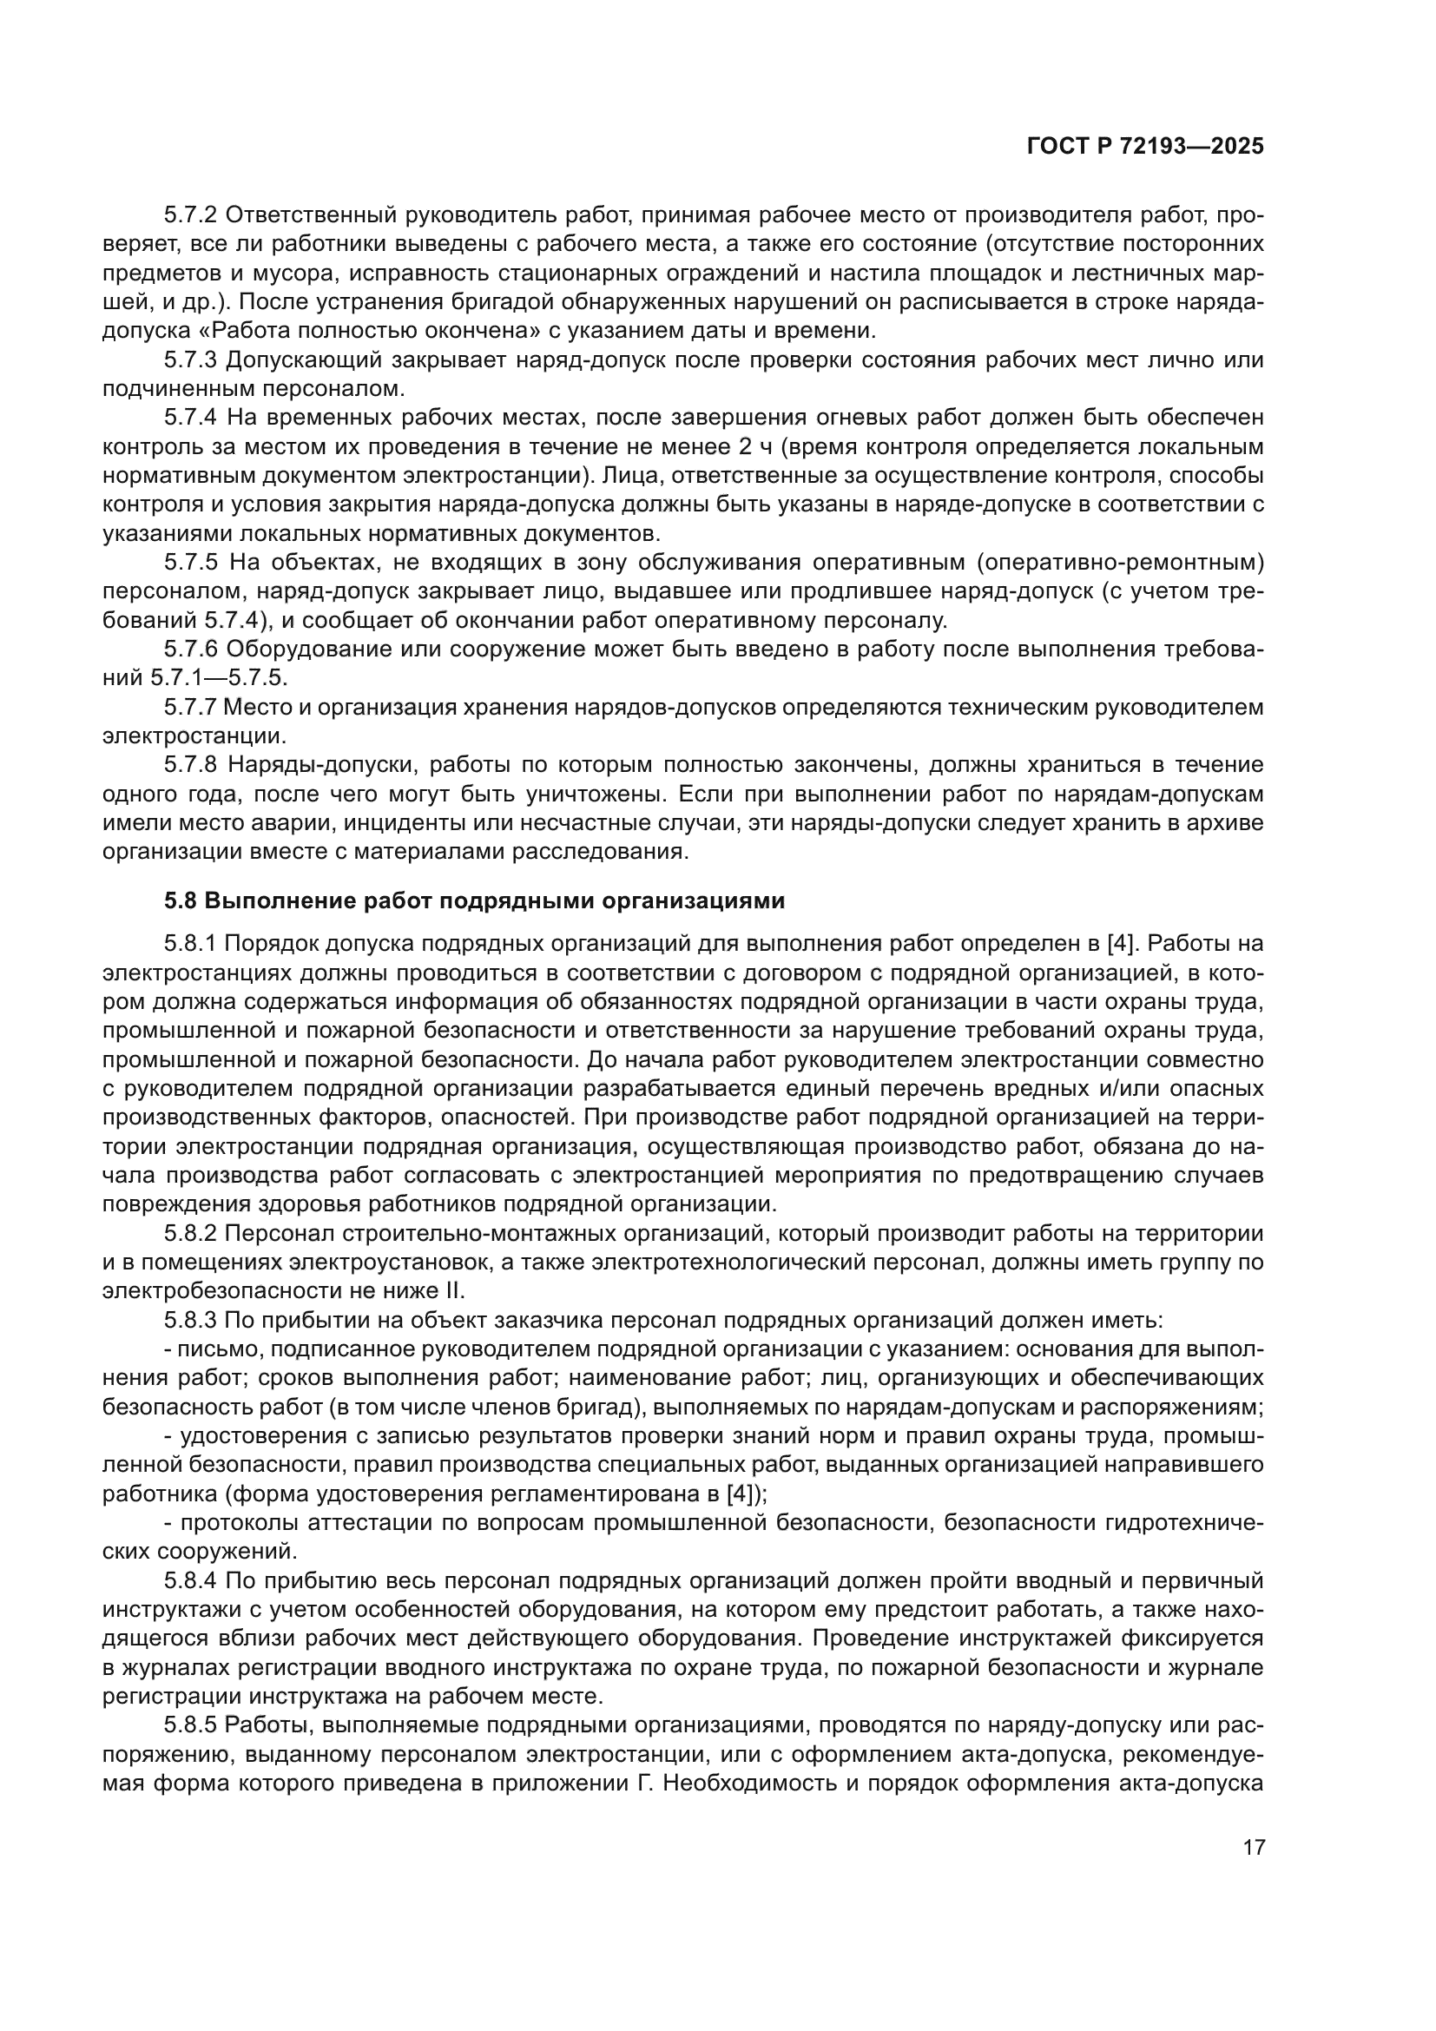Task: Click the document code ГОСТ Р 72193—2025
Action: pos(1145,147)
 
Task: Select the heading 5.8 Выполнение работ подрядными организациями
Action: pos(474,900)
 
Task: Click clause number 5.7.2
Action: pos(192,215)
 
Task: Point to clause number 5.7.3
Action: pos(192,360)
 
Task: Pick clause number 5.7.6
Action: pos(192,650)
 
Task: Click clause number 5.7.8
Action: pos(192,765)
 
